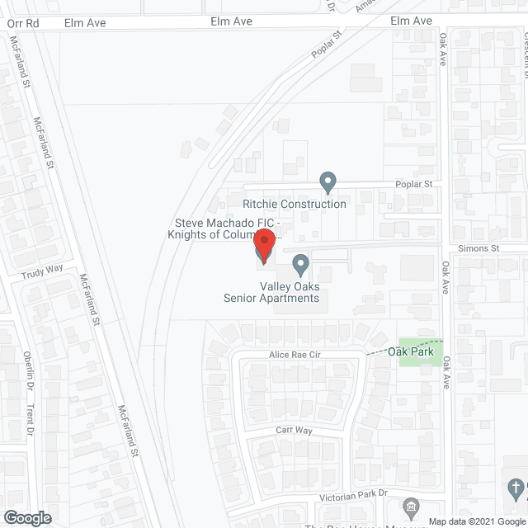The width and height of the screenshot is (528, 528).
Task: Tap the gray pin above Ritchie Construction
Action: pyautogui.click(x=328, y=181)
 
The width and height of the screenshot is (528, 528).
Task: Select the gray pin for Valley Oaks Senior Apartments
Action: pyautogui.click(x=301, y=265)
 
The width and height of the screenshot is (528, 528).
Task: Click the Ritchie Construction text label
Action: pyautogui.click(x=295, y=204)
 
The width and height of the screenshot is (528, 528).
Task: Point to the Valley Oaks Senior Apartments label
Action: pyautogui.click(x=271, y=291)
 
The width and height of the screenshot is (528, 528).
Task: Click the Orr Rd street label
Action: pyautogui.click(x=22, y=24)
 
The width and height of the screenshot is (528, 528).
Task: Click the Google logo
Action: pyautogui.click(x=27, y=518)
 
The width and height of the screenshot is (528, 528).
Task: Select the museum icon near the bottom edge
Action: pyautogui.click(x=410, y=506)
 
